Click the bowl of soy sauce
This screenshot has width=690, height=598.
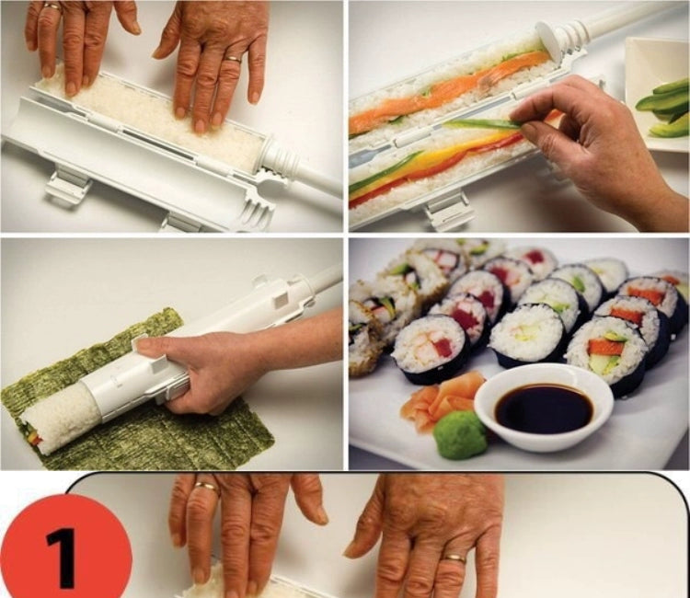[544, 405]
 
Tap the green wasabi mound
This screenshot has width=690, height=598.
[461, 435]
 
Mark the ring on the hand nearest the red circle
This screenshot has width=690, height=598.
[205, 486]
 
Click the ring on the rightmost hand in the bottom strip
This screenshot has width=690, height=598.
[453, 558]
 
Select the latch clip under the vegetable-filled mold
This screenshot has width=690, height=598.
[451, 210]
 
